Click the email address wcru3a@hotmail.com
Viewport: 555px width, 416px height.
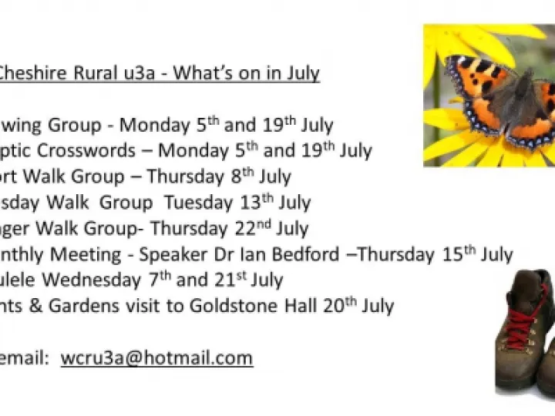pyautogui.click(x=156, y=357)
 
